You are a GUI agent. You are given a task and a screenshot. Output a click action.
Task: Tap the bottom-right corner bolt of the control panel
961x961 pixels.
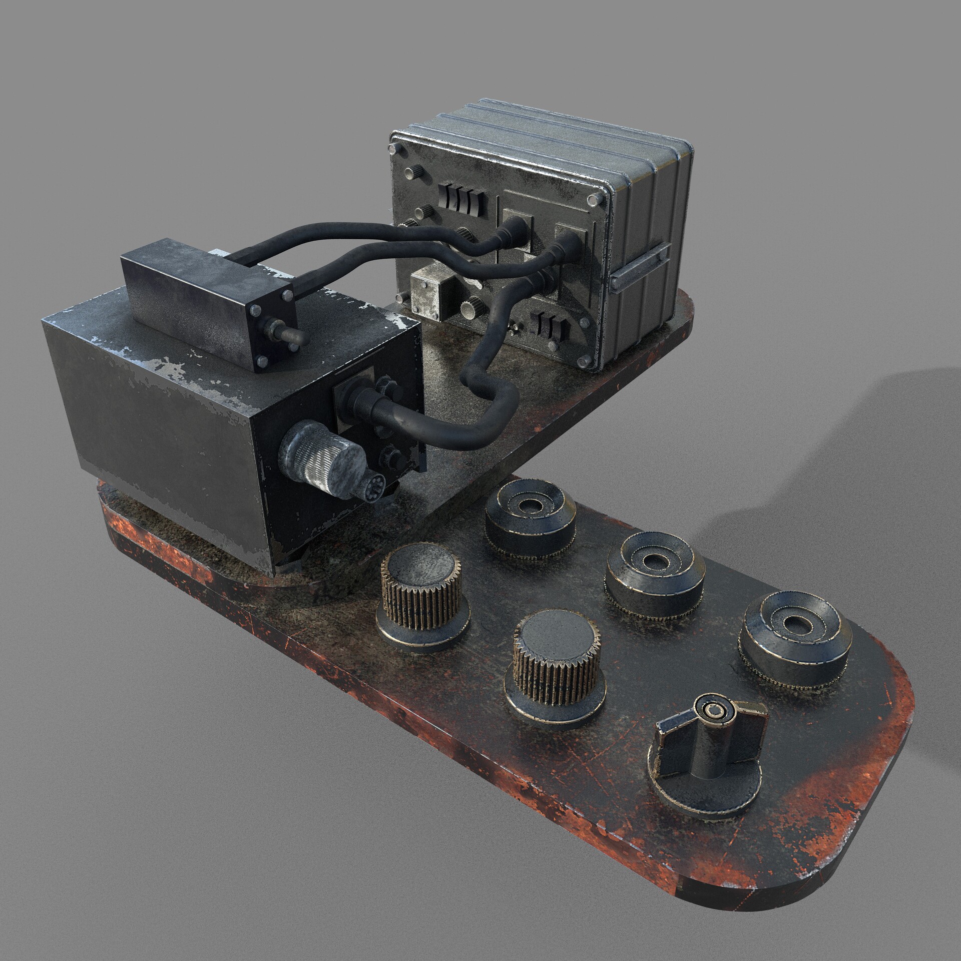[x=582, y=361]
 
